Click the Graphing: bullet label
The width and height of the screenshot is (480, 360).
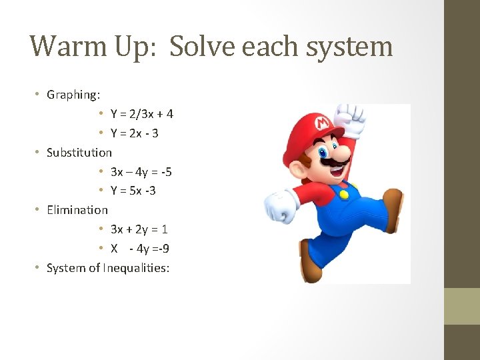pos(73,95)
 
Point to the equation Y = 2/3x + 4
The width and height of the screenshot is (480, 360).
pos(142,114)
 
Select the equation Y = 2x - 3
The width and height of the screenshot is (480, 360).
pos(135,133)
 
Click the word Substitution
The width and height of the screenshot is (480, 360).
pos(79,153)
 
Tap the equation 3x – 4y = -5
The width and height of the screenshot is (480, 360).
pos(141,172)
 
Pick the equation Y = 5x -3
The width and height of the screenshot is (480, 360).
pos(133,191)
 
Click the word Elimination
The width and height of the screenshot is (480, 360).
pos(77,210)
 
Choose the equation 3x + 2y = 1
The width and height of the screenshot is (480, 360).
pos(139,229)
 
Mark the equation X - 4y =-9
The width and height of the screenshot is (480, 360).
pos(140,249)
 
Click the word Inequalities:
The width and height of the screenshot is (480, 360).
pos(137,268)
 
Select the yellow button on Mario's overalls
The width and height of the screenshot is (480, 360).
pos(344,195)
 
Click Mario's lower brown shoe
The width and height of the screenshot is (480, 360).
pos(310,261)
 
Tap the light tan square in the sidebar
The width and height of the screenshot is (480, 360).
pos(462,306)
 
